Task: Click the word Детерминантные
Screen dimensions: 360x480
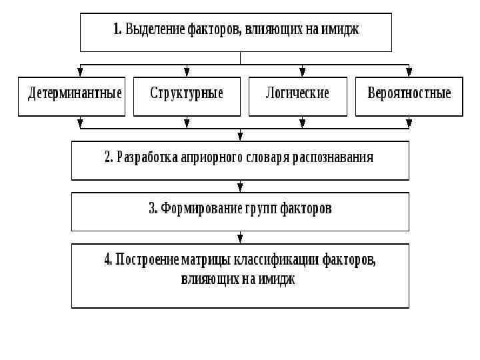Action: click(75, 93)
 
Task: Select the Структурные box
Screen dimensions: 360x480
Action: click(187, 97)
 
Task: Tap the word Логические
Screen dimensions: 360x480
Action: click(298, 93)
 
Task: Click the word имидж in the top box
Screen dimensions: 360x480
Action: click(342, 29)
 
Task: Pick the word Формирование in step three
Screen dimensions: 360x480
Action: click(194, 209)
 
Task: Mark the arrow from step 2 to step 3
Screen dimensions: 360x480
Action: click(240, 187)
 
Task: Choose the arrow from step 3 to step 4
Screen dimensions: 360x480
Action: click(240, 238)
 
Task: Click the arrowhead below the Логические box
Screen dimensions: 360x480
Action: click(303, 123)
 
